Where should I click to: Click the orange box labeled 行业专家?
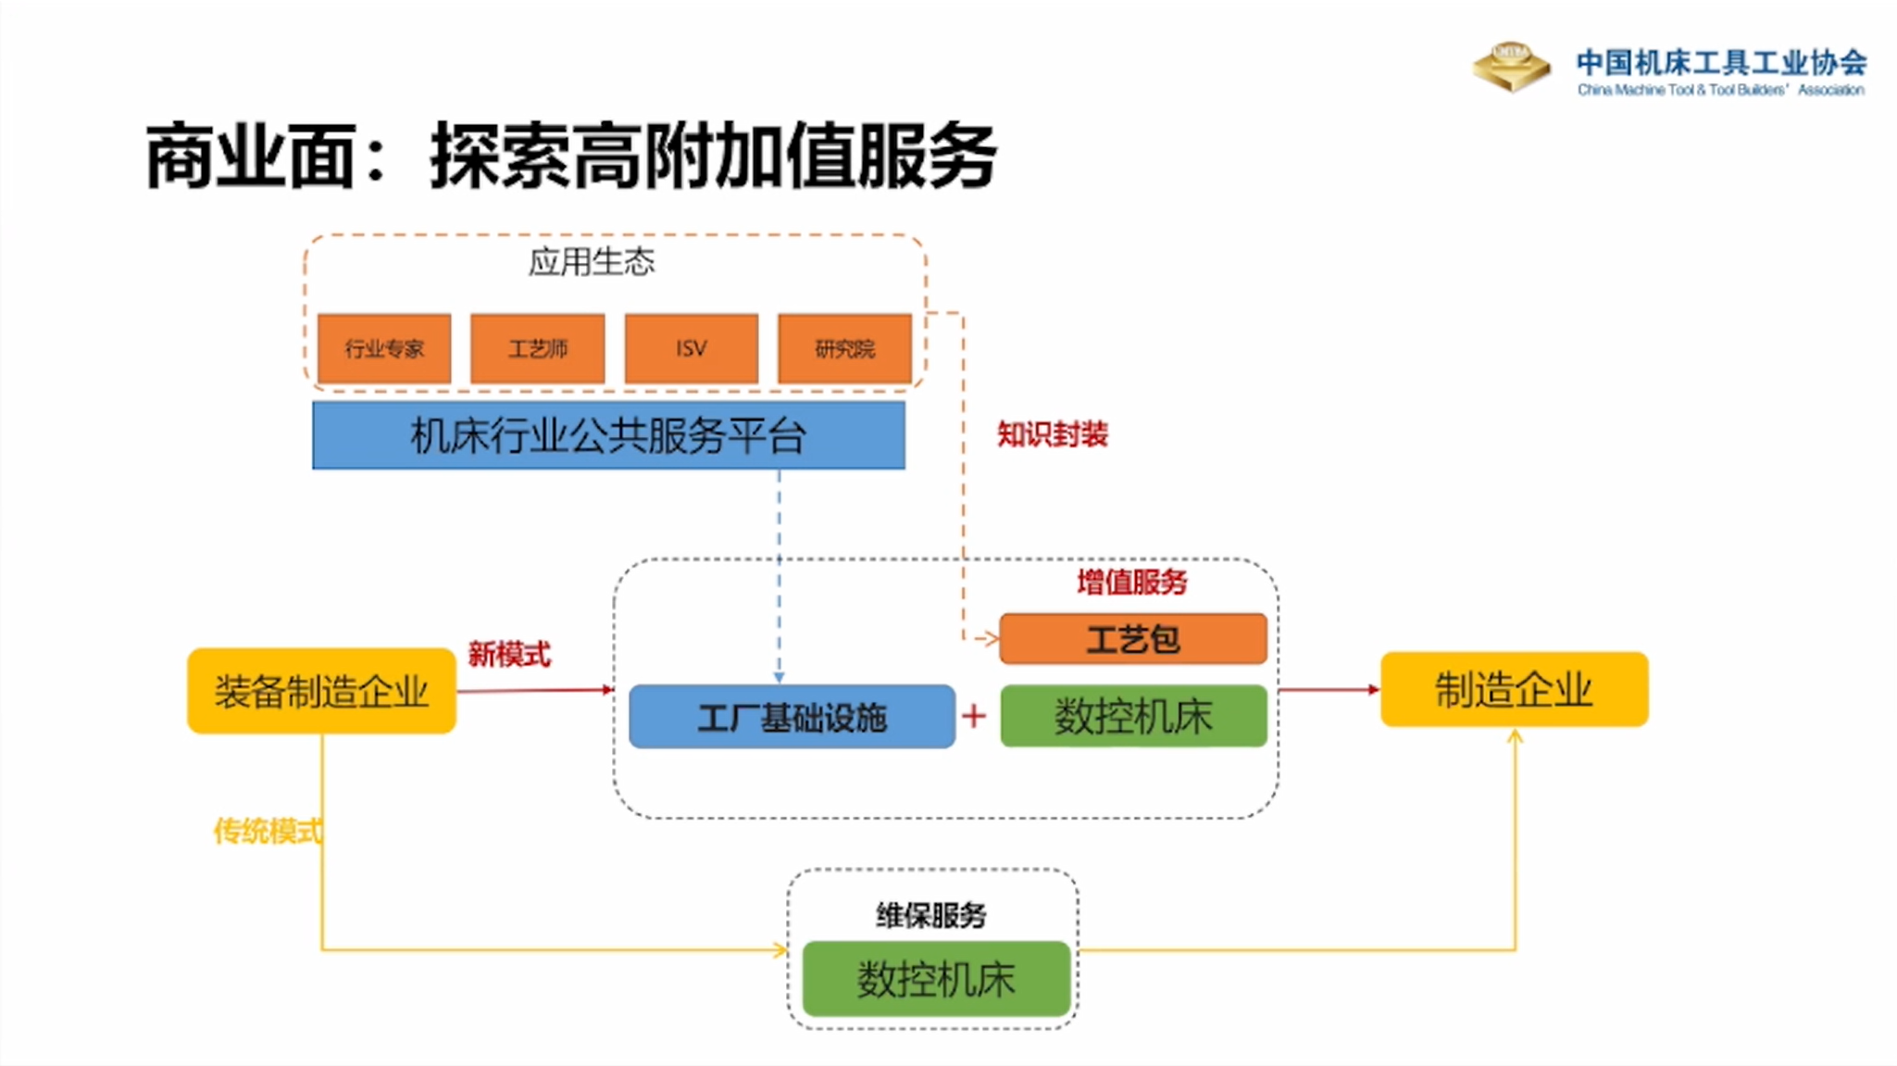(x=384, y=348)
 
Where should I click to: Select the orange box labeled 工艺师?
(x=537, y=348)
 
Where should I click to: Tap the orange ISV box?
(x=691, y=348)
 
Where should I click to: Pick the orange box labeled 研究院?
(x=844, y=348)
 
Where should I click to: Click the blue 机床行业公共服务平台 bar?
(x=608, y=435)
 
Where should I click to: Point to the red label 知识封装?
(x=1052, y=433)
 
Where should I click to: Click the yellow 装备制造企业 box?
(x=321, y=691)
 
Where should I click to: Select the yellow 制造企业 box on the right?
(x=1514, y=689)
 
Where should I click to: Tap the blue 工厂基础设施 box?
(x=792, y=717)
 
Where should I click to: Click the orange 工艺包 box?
(x=1132, y=639)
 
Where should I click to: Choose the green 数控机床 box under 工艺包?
(x=1132, y=716)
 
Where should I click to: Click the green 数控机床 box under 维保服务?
(x=935, y=979)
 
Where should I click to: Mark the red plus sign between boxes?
(x=974, y=716)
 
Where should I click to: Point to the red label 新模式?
(x=508, y=654)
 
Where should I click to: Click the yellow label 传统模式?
(x=268, y=831)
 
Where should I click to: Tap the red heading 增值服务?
(x=1131, y=582)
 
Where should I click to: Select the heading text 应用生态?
(x=592, y=262)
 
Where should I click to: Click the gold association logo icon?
(x=1511, y=67)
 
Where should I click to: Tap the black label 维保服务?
(x=931, y=915)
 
